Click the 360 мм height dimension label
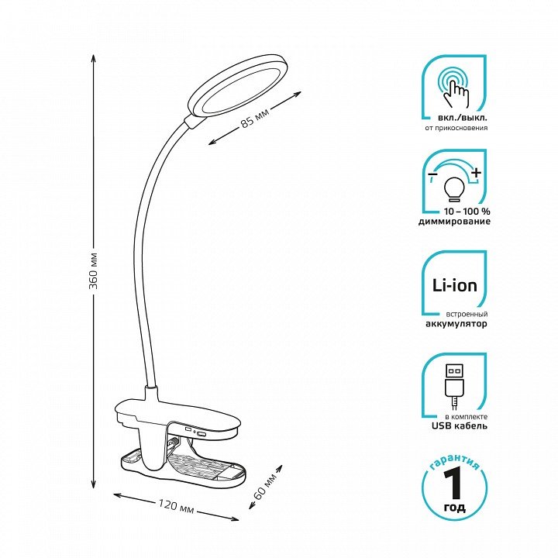pos(94,270)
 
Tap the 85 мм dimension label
pos(255,117)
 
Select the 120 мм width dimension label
pos(176,506)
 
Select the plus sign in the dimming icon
pos(476,173)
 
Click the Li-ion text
pos(454,285)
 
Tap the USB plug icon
pos(454,387)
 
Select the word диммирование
pos(454,222)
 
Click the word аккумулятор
pos(456,324)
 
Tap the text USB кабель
pos(460,425)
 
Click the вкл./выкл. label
pos(463,118)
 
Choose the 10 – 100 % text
pos(467,212)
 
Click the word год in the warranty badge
pos(454,507)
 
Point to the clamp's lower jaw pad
pos(183,467)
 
